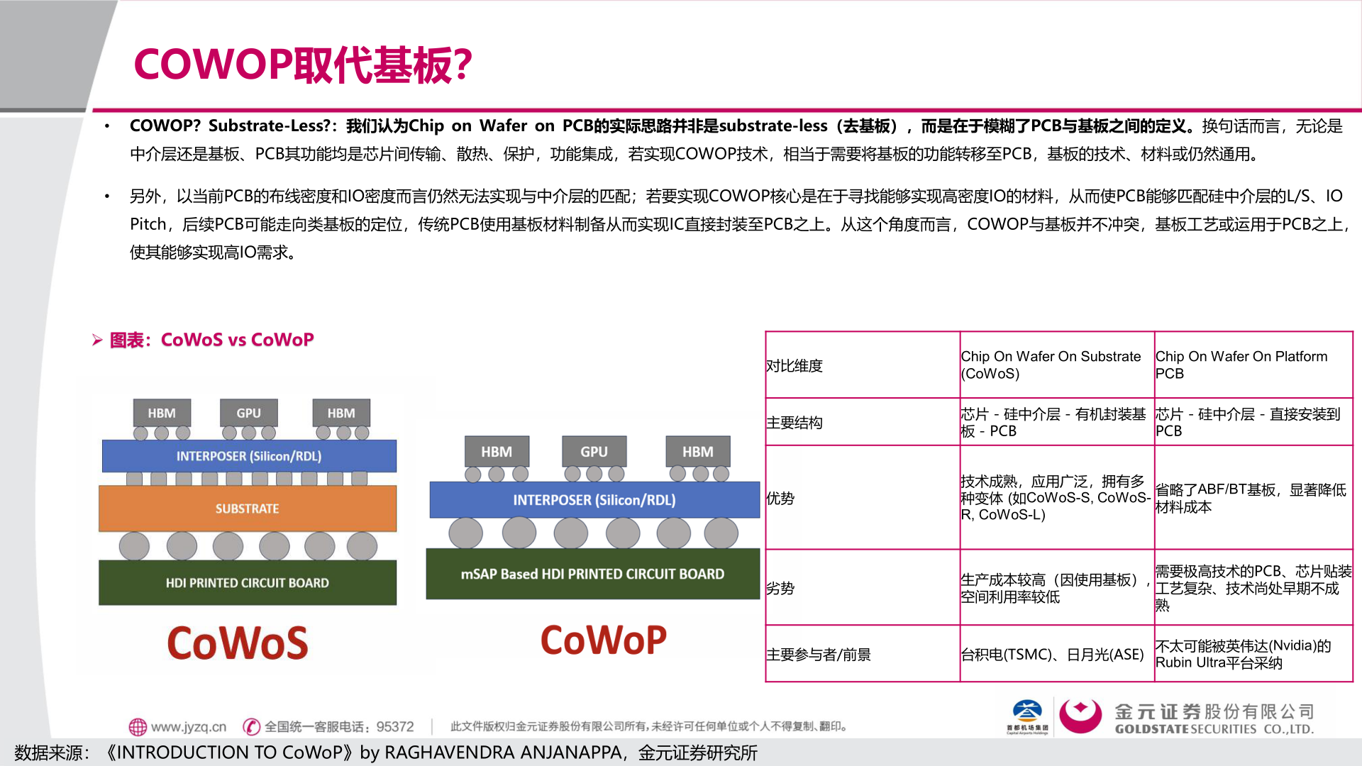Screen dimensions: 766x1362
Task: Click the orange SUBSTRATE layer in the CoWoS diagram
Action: tap(247, 509)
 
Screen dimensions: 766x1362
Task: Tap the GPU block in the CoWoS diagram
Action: tap(248, 413)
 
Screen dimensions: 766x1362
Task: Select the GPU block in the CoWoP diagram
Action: tap(594, 452)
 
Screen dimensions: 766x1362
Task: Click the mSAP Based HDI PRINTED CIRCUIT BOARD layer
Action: tap(592, 574)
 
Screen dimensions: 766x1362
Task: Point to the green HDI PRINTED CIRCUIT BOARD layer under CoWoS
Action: tap(247, 582)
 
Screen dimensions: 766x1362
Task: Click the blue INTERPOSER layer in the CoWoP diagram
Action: tap(594, 500)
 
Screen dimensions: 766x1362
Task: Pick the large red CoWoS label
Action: tap(238, 643)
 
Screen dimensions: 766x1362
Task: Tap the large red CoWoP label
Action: tap(603, 640)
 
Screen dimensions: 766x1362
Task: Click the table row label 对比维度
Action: tap(794, 366)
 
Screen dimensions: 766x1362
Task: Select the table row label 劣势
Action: tap(780, 588)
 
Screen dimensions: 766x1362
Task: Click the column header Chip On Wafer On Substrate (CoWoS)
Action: tap(1050, 365)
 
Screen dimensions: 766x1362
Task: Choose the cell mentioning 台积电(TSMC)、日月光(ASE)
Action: tap(1052, 655)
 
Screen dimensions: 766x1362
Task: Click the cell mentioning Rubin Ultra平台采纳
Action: tap(1243, 654)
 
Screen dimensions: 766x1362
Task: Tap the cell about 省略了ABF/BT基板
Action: tap(1250, 498)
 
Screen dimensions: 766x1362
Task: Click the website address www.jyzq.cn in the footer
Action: tap(188, 726)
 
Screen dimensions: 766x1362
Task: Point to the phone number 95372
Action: tap(394, 726)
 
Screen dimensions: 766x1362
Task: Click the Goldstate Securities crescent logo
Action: tap(1080, 716)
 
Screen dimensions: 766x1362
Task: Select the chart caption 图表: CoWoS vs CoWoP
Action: tap(211, 340)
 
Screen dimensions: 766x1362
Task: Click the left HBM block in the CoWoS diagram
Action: tap(162, 413)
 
